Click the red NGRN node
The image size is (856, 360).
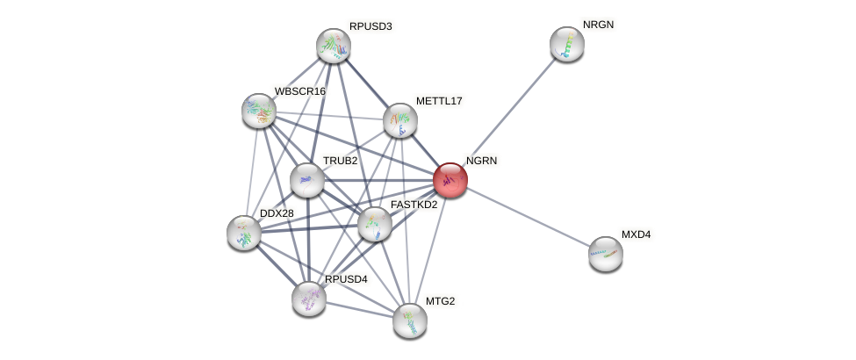(450, 180)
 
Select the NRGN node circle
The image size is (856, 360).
(567, 44)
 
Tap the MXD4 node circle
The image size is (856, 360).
(605, 254)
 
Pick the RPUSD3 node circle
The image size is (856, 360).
(334, 46)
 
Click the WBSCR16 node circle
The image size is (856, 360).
(259, 110)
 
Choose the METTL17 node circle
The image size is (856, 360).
(400, 120)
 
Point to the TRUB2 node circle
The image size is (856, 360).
(307, 180)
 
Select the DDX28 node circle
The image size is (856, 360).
(244, 232)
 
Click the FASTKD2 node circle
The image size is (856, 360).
(375, 223)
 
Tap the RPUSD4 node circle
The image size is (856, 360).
(309, 298)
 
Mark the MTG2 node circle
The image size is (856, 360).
(410, 320)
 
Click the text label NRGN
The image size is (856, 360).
(598, 25)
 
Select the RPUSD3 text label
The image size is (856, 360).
(370, 26)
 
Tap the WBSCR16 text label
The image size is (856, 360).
(299, 91)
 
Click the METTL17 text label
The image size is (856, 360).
(439, 101)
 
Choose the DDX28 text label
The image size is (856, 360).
(277, 212)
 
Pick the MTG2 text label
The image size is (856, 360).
(441, 301)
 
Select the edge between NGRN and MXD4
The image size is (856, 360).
(528, 217)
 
